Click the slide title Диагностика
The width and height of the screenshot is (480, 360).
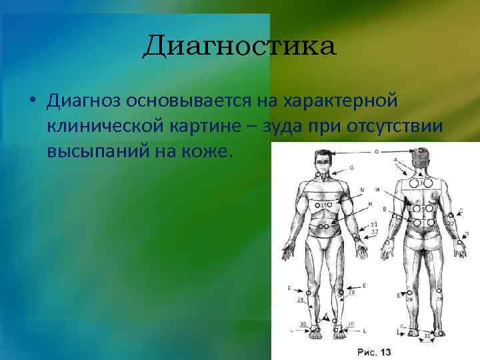coord(239,47)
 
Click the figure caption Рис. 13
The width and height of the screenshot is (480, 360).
coord(373,351)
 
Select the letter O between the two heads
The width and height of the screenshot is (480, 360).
coord(377,152)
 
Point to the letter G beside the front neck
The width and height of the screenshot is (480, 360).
coord(351,167)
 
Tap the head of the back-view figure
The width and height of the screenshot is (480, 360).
coord(421,155)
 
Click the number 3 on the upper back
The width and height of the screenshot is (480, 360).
coord(421,182)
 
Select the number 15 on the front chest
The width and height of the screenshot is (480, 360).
coord(325,205)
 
